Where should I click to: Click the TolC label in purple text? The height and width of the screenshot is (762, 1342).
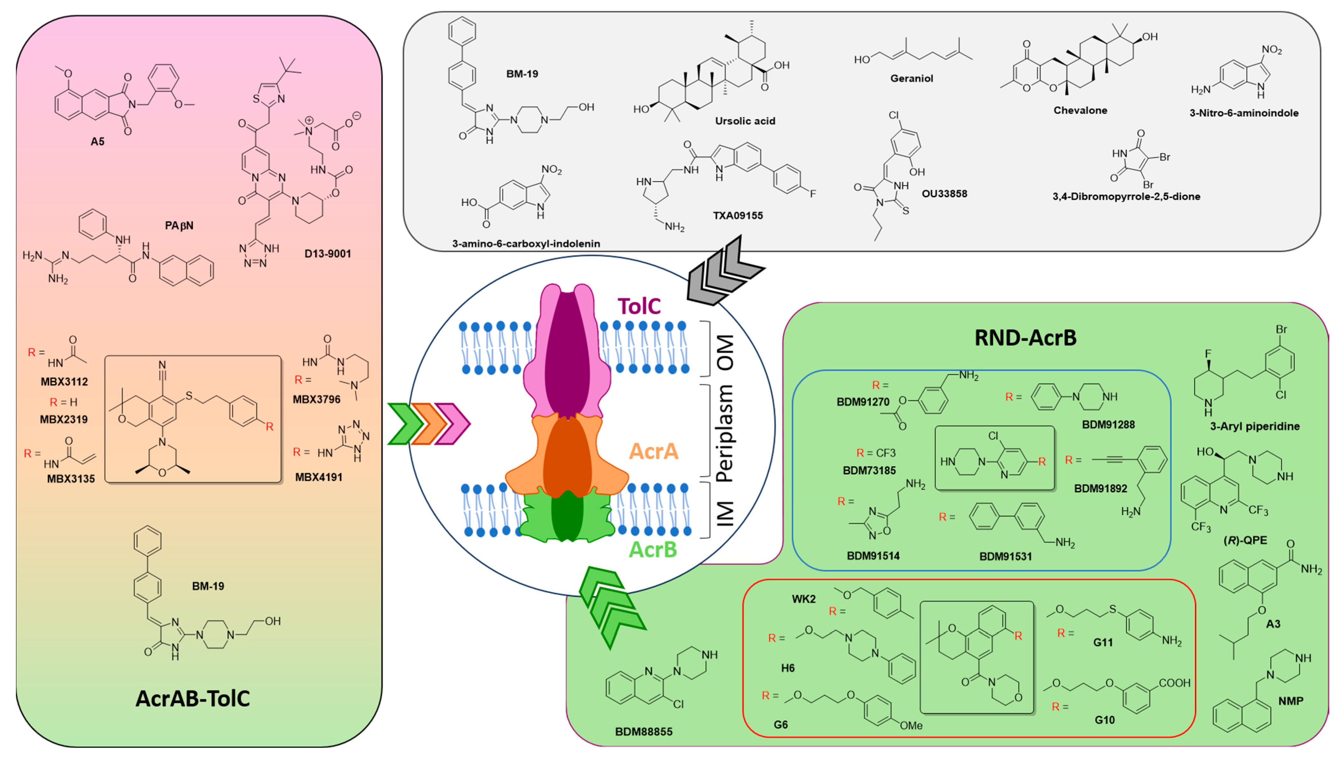[x=639, y=306]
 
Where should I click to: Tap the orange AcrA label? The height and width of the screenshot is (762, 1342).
[x=653, y=451]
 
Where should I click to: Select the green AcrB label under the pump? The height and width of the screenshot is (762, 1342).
[x=653, y=549]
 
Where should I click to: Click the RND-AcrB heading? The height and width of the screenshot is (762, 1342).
[x=1025, y=338]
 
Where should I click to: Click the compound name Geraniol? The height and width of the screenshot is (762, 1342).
[x=912, y=79]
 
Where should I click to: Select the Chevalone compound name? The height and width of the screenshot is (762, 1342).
[x=1080, y=110]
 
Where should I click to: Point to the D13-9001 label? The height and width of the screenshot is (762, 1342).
[x=328, y=254]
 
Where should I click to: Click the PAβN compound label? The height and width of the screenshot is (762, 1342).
[x=179, y=226]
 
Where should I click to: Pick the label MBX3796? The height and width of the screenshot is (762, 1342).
[x=317, y=399]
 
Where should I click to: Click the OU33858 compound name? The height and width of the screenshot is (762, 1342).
[x=944, y=194]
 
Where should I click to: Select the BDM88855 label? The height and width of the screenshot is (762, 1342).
[x=644, y=732]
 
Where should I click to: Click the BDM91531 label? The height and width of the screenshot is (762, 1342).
[x=1005, y=556]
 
